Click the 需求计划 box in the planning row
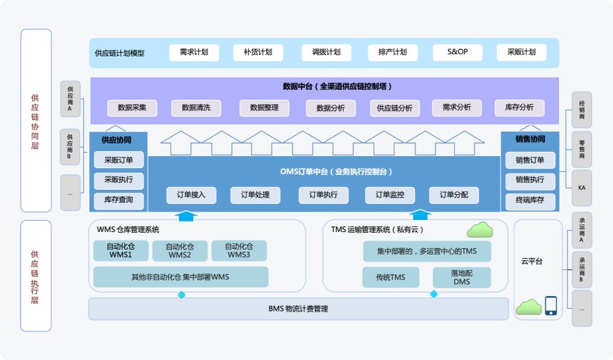click(193, 53)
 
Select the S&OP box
click(457, 53)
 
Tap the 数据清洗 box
click(200, 108)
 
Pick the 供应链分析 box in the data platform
click(394, 108)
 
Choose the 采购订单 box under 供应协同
click(119, 160)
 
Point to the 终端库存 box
click(530, 201)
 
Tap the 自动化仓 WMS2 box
click(179, 251)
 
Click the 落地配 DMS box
click(461, 277)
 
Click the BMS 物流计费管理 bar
click(298, 309)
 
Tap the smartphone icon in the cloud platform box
click(550, 305)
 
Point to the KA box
click(581, 188)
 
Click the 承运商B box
click(581, 270)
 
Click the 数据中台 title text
click(337, 86)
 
